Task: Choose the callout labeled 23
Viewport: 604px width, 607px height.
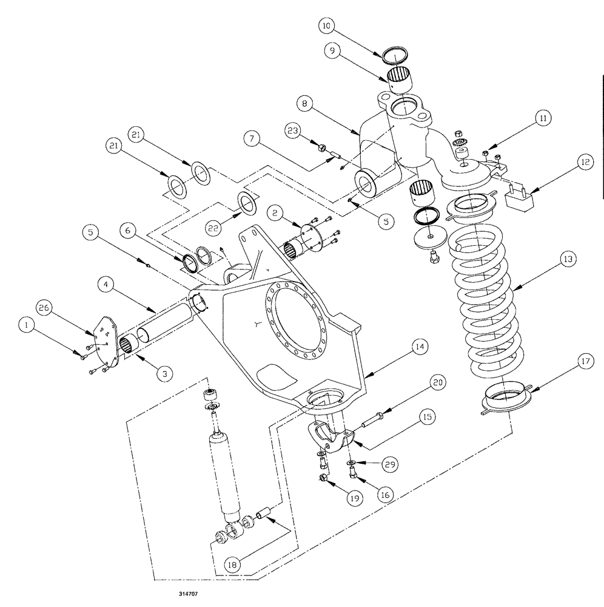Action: coord(293,131)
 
